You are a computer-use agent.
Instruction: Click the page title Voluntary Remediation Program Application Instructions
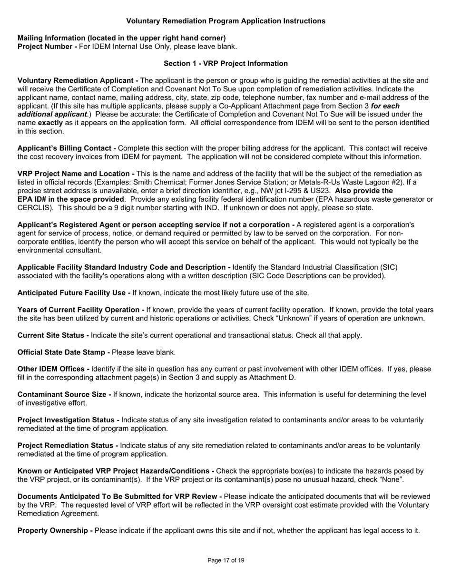pos(226,21)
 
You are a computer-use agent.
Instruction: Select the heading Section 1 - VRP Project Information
pos(226,63)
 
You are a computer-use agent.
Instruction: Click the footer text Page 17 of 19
pos(226,560)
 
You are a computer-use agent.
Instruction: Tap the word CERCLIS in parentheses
pos(36,208)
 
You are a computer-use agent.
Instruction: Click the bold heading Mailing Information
pos(121,38)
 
